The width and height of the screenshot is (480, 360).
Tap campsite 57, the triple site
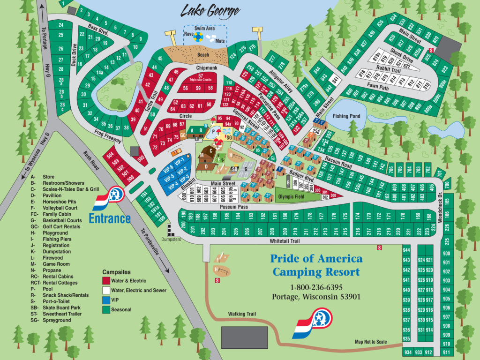200,77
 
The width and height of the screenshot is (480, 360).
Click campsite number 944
406,251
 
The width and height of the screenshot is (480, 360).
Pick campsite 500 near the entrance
131,178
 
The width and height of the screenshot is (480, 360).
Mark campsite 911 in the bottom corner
446,352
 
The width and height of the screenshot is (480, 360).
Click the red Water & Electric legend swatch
106,281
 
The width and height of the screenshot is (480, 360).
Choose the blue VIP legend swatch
106,300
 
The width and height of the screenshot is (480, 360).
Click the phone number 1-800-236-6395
316,287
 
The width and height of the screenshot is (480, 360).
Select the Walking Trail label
241,314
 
